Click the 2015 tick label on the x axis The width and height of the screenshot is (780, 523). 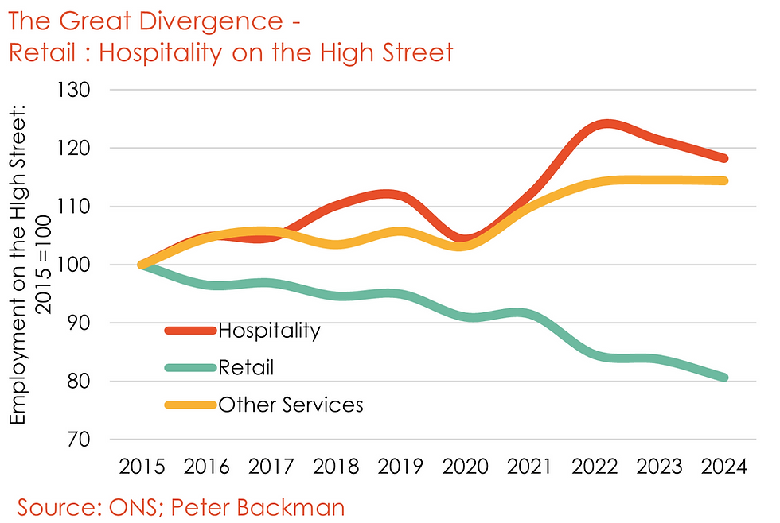pyautogui.click(x=142, y=467)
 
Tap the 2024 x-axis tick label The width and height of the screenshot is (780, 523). pyautogui.click(x=723, y=467)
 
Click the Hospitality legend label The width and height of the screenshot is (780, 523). pyautogui.click(x=269, y=331)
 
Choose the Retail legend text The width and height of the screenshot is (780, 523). pyautogui.click(x=246, y=367)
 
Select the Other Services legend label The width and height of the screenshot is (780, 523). pyautogui.click(x=291, y=405)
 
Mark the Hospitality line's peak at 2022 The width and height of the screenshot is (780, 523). pyautogui.click(x=606, y=124)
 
